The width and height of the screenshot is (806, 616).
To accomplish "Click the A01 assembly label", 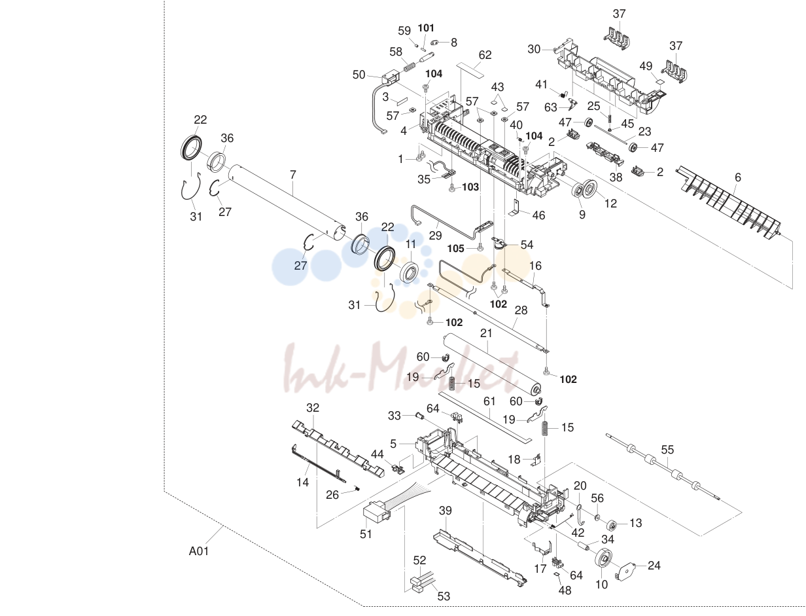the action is [x=199, y=551].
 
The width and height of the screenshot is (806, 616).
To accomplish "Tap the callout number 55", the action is [x=667, y=450].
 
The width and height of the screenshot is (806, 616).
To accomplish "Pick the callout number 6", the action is [x=738, y=177].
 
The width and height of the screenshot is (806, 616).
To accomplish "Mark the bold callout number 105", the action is [x=456, y=249].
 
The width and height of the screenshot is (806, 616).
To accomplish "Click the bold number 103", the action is [x=470, y=187].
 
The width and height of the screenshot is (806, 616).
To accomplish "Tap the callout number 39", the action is [x=446, y=511].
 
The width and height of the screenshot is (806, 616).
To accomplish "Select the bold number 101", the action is [x=426, y=28].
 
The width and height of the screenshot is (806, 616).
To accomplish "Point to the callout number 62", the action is [x=485, y=55].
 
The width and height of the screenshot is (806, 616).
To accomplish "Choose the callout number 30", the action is [x=534, y=49].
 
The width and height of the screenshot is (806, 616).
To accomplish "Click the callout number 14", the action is [x=302, y=482].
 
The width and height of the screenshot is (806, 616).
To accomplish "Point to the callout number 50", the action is [x=359, y=75].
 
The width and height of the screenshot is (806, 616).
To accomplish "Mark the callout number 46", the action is [x=538, y=215].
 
